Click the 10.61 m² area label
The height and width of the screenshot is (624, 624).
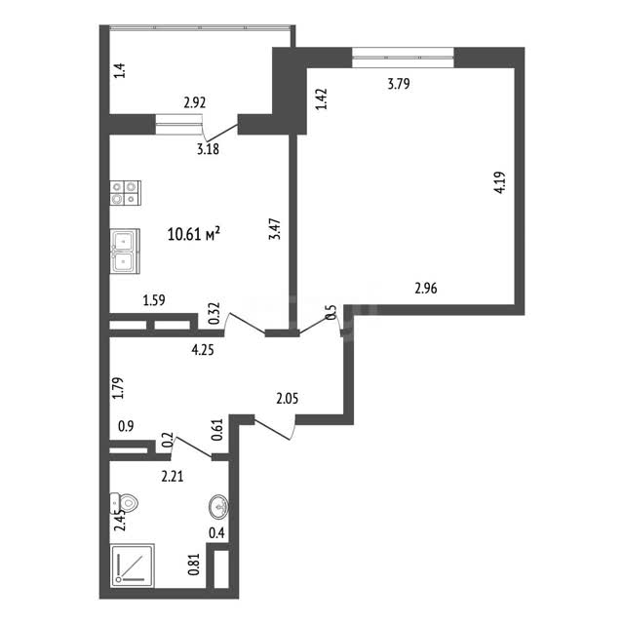click(x=194, y=234)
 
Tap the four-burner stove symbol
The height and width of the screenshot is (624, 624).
click(x=126, y=193)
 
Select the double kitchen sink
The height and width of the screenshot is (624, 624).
click(x=125, y=252)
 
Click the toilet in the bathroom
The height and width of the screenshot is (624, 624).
click(x=124, y=503)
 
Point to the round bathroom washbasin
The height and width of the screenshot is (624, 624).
click(x=218, y=507)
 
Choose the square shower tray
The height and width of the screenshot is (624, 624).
click(x=133, y=565)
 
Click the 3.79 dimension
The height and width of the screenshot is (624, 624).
click(x=399, y=84)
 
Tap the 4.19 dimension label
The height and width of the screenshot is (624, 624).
click(x=499, y=182)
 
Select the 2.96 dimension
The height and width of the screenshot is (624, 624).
click(x=426, y=288)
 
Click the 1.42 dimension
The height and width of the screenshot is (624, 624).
click(x=321, y=99)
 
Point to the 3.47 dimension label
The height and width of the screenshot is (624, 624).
click(x=275, y=229)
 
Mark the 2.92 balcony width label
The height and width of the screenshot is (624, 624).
click(x=195, y=103)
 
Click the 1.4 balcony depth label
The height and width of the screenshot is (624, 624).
click(x=120, y=70)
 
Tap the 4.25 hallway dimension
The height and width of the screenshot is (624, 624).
click(x=203, y=350)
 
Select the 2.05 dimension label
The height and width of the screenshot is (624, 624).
click(x=288, y=398)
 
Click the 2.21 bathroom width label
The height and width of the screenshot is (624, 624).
click(x=173, y=476)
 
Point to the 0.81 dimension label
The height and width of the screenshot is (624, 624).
click(x=194, y=565)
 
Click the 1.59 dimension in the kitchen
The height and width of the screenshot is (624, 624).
click(x=154, y=300)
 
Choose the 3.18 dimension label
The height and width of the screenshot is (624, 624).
click(x=208, y=149)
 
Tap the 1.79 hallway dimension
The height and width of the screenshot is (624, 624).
click(x=118, y=388)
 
